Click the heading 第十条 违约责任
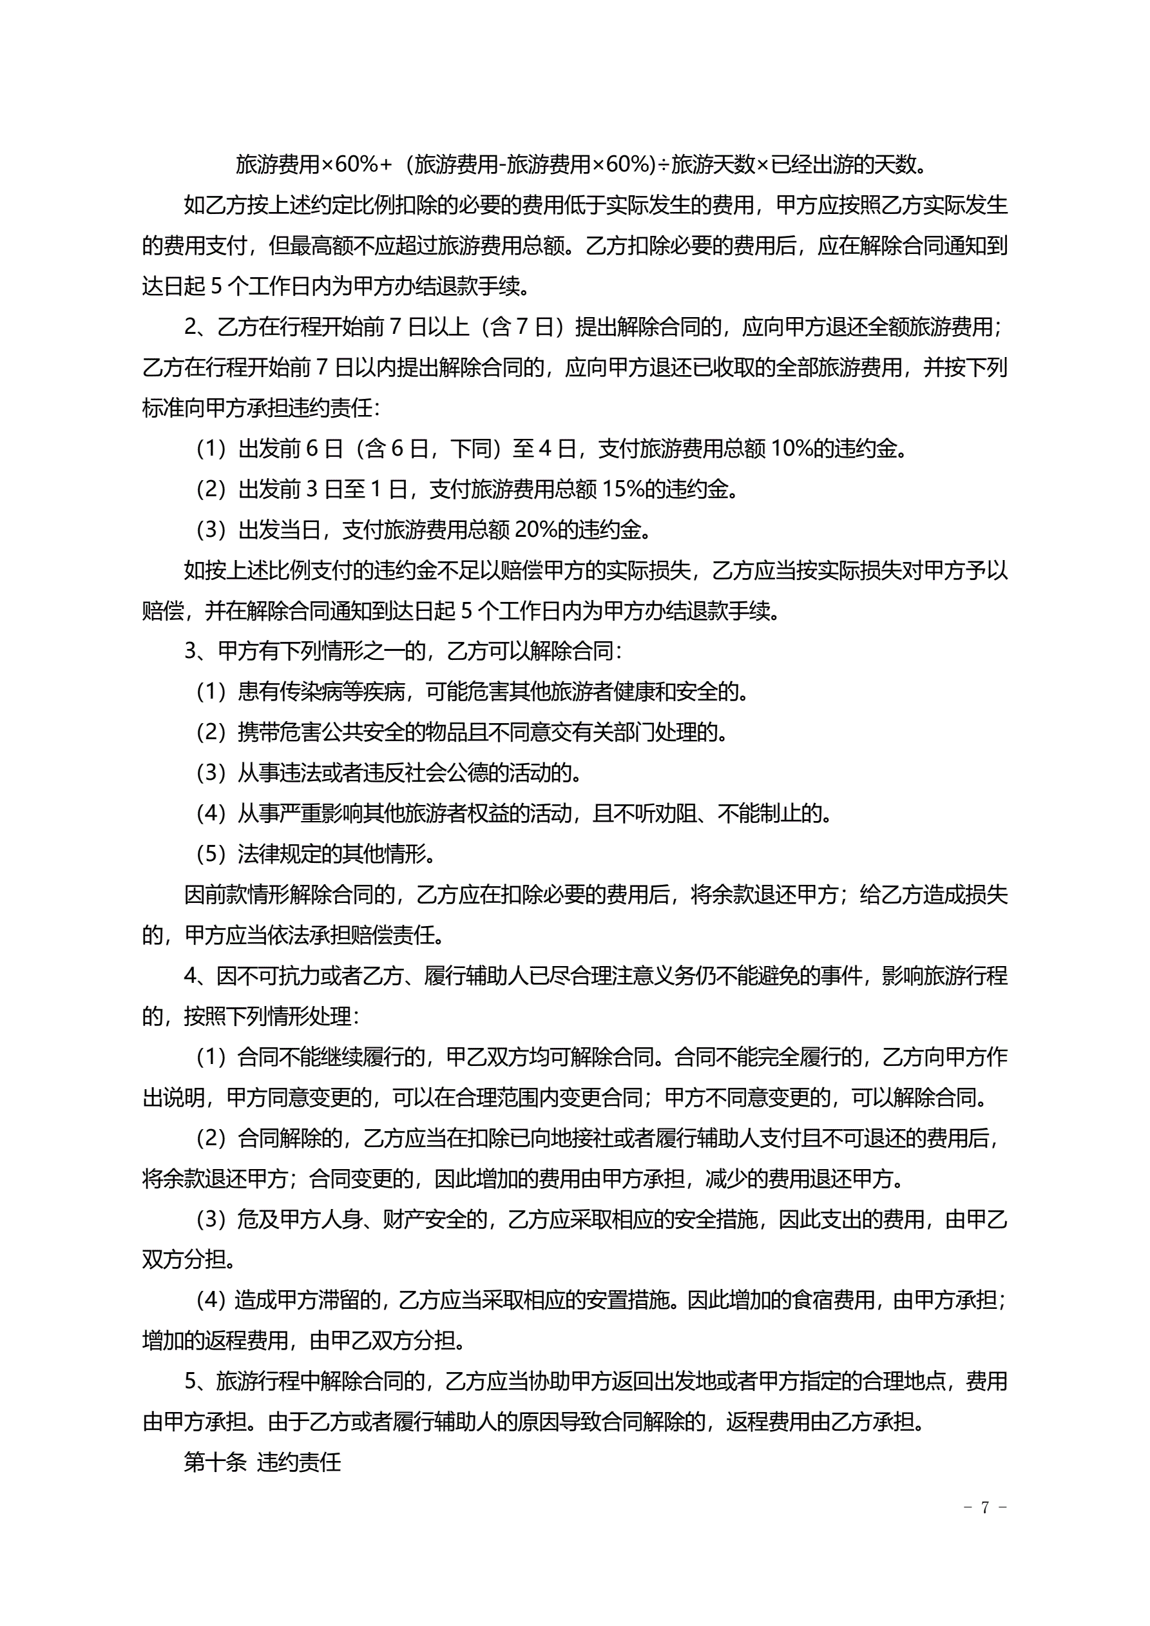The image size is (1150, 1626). [x=262, y=1462]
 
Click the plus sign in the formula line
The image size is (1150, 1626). [x=386, y=164]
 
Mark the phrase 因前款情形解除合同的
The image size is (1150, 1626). [x=289, y=895]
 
